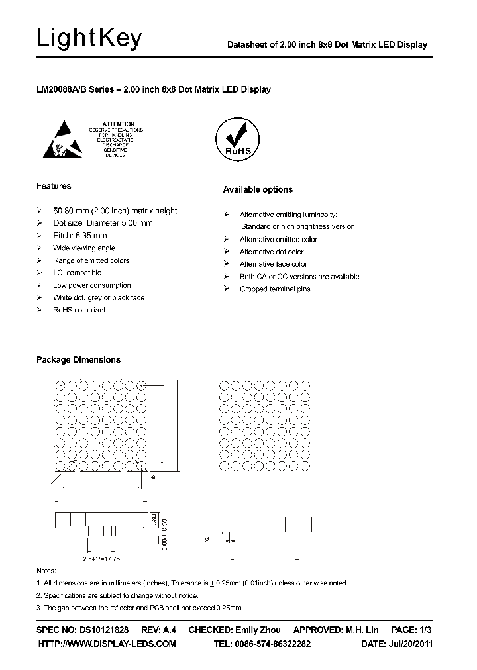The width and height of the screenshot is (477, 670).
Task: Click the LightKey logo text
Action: point(89,39)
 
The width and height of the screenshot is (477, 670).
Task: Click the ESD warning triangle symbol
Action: point(68,138)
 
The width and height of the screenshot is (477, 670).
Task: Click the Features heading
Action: point(54,186)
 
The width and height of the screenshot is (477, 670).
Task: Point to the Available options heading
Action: point(257,190)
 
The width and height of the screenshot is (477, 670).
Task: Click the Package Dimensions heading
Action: point(78,360)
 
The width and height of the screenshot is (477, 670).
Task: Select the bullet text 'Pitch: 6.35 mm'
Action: point(79,236)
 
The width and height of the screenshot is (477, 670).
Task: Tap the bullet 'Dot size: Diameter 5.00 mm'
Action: point(103,223)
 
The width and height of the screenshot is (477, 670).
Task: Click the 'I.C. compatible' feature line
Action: point(77,273)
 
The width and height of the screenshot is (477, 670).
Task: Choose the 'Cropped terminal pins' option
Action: point(274,289)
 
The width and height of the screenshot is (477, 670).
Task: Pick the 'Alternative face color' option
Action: point(273,264)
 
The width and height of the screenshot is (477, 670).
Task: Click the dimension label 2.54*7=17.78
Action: point(101,559)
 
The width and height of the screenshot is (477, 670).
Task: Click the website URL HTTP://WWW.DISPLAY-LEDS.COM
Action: point(107,644)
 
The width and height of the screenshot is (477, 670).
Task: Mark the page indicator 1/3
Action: point(425,630)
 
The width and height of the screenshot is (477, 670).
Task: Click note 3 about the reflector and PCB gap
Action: point(139,608)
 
